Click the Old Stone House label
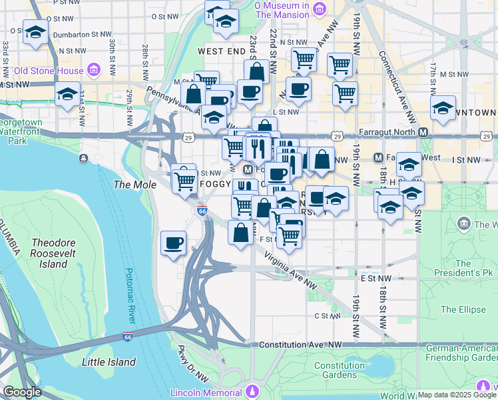click(x=49, y=71)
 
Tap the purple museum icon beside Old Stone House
click(x=93, y=70)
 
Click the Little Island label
click(x=108, y=362)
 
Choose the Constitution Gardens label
click(x=339, y=370)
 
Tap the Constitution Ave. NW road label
click(x=300, y=345)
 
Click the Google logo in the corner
click(x=22, y=392)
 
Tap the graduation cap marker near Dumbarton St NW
click(x=35, y=31)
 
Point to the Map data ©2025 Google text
click(x=456, y=395)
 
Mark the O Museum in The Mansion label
click(x=282, y=9)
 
